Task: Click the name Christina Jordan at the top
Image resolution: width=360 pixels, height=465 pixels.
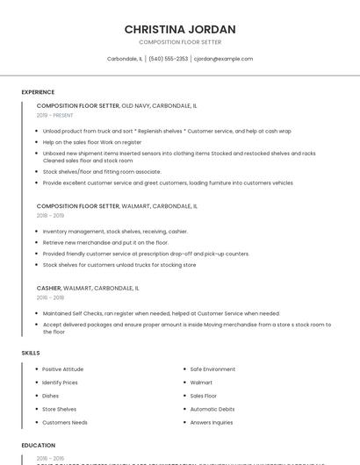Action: pyautogui.click(x=180, y=29)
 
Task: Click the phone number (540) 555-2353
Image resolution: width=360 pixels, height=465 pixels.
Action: pyautogui.click(x=168, y=59)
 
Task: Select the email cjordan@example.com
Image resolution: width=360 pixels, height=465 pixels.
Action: pyautogui.click(x=223, y=59)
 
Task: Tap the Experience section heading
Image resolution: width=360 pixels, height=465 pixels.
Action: pyautogui.click(x=38, y=92)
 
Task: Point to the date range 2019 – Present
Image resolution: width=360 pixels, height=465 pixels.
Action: pyautogui.click(x=55, y=115)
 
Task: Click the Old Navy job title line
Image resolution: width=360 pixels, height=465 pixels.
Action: pyautogui.click(x=117, y=105)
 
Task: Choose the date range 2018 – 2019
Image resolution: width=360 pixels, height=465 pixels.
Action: pyautogui.click(x=50, y=215)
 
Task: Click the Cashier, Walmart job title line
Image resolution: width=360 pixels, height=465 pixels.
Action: pyautogui.click(x=88, y=288)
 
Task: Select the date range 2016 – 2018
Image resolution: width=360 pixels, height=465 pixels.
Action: pyautogui.click(x=50, y=297)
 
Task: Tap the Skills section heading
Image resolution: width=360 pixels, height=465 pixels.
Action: pyautogui.click(x=31, y=353)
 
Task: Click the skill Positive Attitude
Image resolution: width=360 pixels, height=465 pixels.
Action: pyautogui.click(x=62, y=369)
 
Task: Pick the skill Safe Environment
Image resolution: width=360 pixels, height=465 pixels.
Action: pyautogui.click(x=212, y=369)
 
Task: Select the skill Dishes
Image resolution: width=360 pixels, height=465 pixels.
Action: pyautogui.click(x=50, y=396)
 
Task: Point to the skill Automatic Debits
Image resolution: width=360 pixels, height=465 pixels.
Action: pyautogui.click(x=212, y=409)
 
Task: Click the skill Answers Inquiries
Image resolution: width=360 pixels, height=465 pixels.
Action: pyautogui.click(x=212, y=422)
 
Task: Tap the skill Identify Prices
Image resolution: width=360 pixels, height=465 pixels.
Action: pyautogui.click(x=60, y=383)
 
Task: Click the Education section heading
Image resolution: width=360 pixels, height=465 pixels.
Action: pyautogui.click(x=39, y=446)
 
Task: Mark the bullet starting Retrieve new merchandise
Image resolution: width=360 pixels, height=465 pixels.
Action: pyautogui.click(x=105, y=242)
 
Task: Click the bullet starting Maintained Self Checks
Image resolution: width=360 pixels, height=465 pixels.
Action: pyautogui.click(x=161, y=313)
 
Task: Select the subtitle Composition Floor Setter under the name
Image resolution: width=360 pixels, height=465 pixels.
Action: pyautogui.click(x=180, y=42)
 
